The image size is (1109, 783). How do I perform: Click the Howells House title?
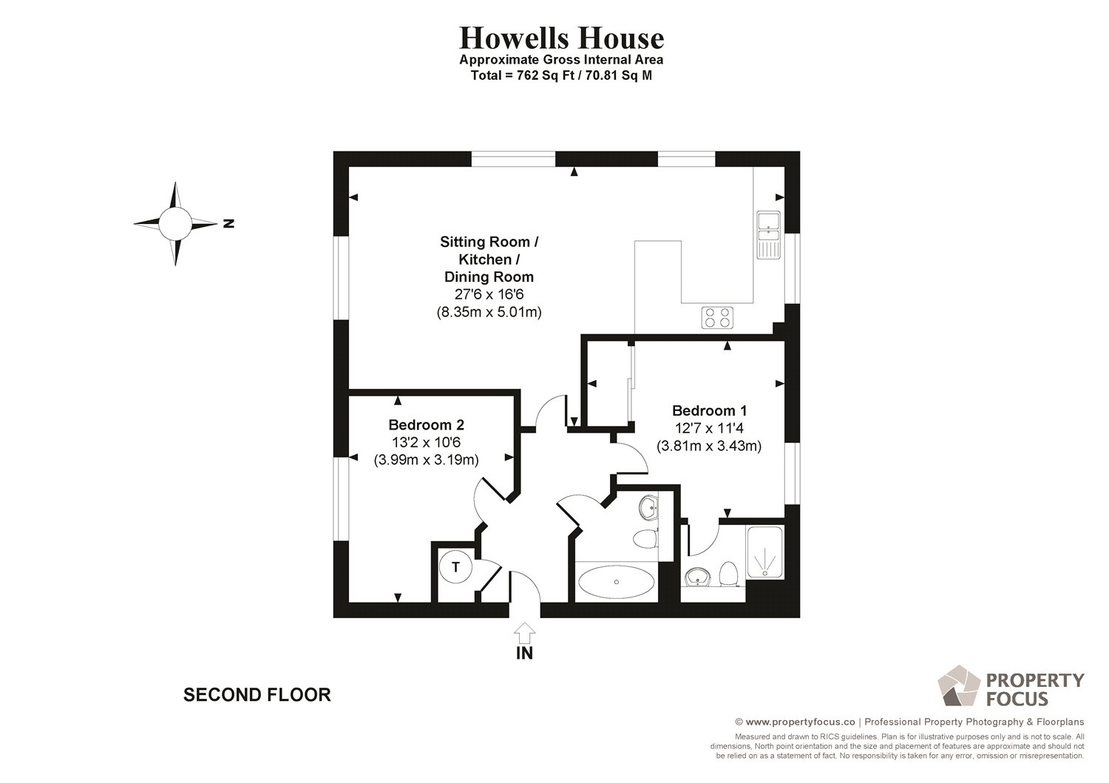(561, 38)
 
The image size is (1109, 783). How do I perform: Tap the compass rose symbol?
(175, 223)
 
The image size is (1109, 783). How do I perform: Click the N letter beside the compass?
(228, 223)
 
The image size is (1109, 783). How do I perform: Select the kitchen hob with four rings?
(717, 317)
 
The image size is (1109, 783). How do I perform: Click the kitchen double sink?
(768, 234)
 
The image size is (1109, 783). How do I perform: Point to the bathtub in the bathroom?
(616, 582)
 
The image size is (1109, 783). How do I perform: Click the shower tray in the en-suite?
(764, 552)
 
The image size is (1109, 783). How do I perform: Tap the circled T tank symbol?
(455, 568)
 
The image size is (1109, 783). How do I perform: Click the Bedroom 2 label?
(426, 424)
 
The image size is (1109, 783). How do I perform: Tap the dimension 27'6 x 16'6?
(489, 294)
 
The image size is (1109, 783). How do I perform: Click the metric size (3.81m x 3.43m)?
(709, 446)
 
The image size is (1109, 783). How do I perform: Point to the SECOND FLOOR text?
(257, 695)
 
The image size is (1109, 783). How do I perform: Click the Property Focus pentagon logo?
(958, 685)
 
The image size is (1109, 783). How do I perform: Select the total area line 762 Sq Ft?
(561, 75)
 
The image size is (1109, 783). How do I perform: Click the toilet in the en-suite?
(728, 574)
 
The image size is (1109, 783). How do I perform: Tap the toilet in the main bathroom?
(645, 538)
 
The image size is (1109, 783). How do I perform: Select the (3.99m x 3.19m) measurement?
(426, 460)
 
